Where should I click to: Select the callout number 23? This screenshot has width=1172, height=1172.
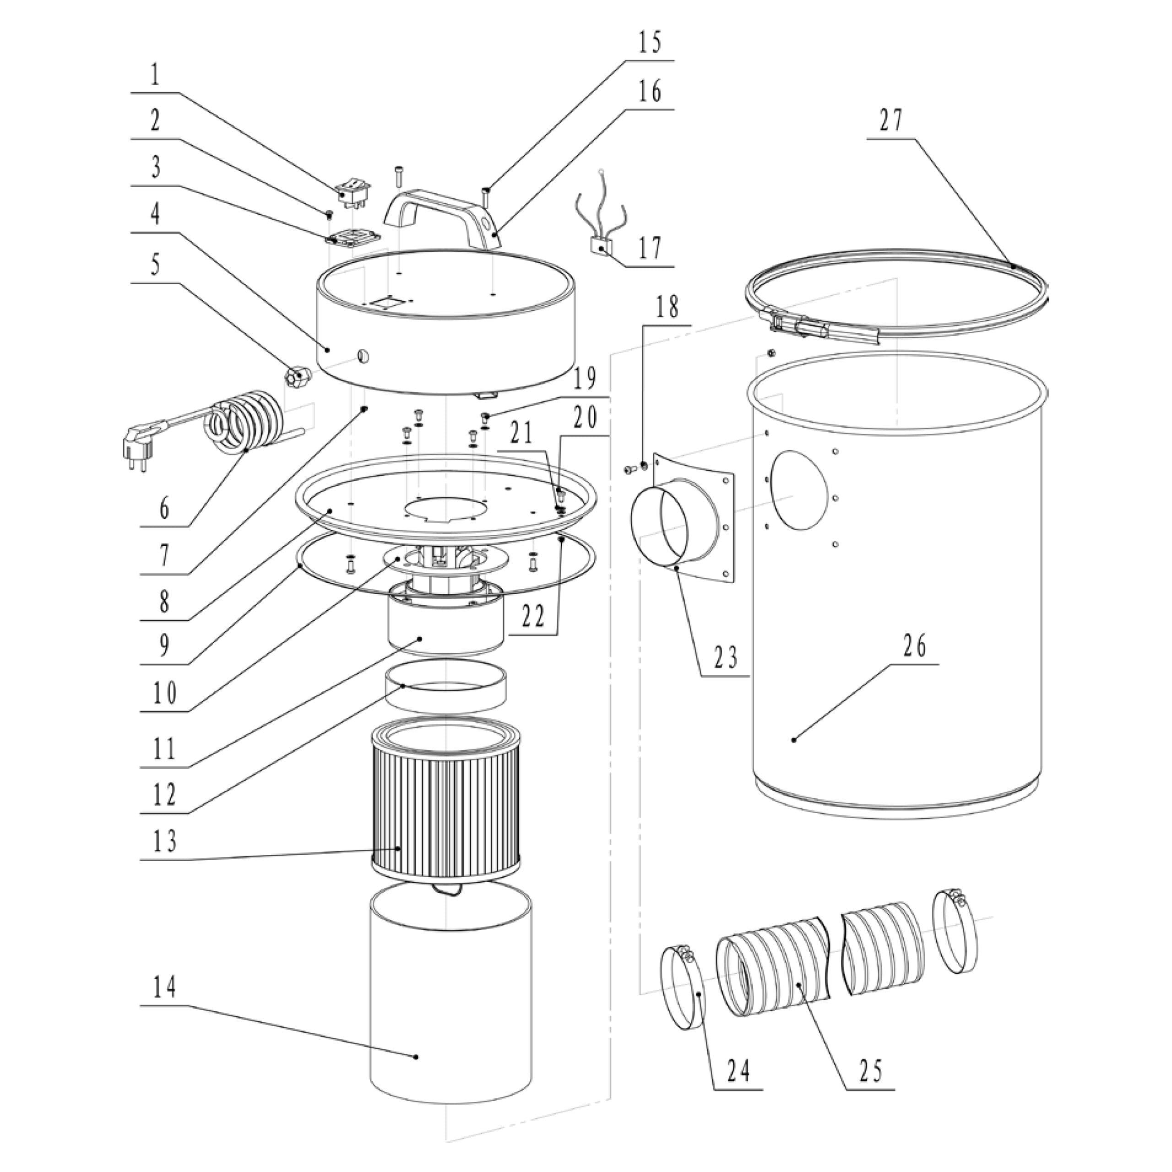click(726, 657)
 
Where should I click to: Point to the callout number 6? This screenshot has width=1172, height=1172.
click(164, 508)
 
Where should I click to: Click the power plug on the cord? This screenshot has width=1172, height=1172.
click(136, 452)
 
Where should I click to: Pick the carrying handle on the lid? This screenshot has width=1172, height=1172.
click(443, 212)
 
